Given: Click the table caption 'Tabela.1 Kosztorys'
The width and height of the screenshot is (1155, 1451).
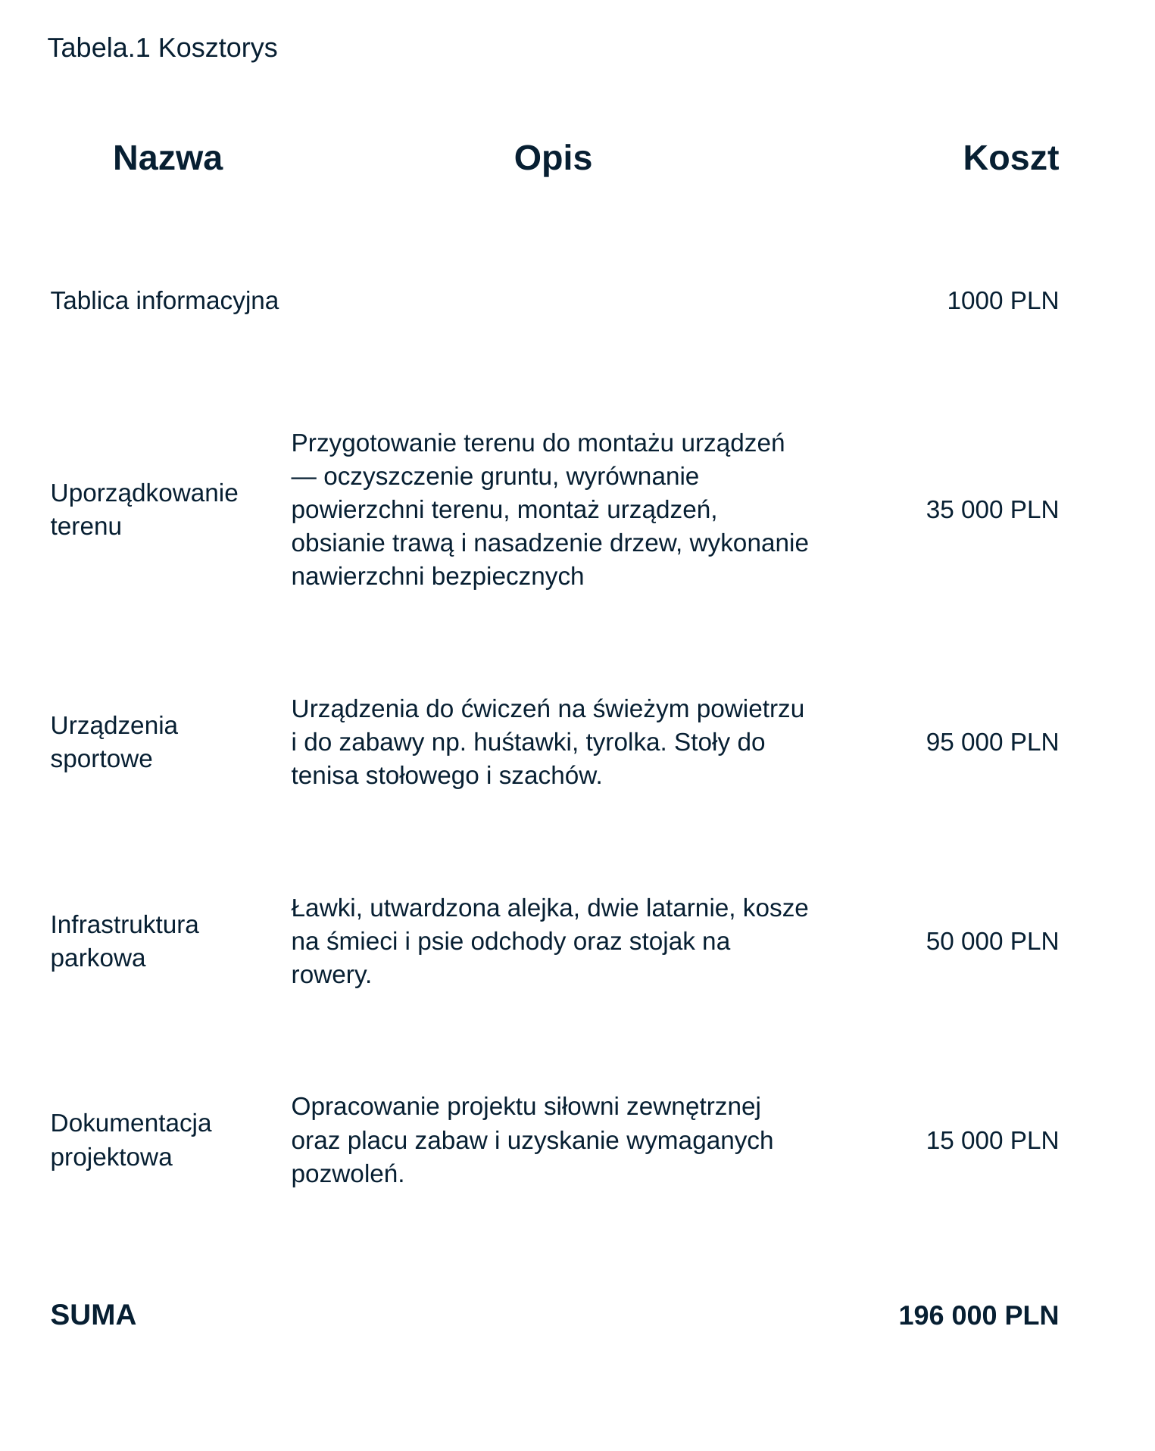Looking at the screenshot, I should pyautogui.click(x=162, y=48).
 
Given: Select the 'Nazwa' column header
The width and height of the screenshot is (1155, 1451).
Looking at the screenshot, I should pyautogui.click(x=167, y=158).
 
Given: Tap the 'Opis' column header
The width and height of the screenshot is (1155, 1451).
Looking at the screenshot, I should pyautogui.click(x=553, y=158).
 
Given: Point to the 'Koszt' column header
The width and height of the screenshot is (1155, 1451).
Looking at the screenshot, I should pyautogui.click(x=1010, y=158).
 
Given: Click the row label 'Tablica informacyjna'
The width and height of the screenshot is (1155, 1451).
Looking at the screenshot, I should pyautogui.click(x=164, y=301).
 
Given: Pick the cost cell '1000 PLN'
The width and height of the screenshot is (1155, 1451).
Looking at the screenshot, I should pyautogui.click(x=1002, y=301).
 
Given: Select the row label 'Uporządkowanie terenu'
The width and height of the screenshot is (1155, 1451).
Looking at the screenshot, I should pyautogui.click(x=144, y=509).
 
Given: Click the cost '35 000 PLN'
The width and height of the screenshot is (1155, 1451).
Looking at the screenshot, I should pyautogui.click(x=991, y=510).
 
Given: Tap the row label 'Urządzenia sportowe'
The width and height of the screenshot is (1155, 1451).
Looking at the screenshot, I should pyautogui.click(x=114, y=741).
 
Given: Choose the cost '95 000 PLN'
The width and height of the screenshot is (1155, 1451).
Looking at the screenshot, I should pyautogui.click(x=991, y=741).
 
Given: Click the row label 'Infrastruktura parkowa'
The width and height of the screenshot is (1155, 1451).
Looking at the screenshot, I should pyautogui.click(x=124, y=941).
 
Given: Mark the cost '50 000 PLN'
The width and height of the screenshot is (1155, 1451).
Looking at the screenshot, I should pyautogui.click(x=991, y=941).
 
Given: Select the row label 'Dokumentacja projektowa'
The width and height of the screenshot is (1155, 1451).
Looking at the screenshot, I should pyautogui.click(x=130, y=1140).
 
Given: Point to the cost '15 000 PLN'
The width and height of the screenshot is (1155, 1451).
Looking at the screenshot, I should pyautogui.click(x=991, y=1140).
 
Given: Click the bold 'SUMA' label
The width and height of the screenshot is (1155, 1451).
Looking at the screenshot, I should pyautogui.click(x=93, y=1315).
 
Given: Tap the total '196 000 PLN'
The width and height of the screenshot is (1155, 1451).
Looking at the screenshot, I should pyautogui.click(x=978, y=1315).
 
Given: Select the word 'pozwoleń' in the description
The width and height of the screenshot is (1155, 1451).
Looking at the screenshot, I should pyautogui.click(x=347, y=1174).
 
